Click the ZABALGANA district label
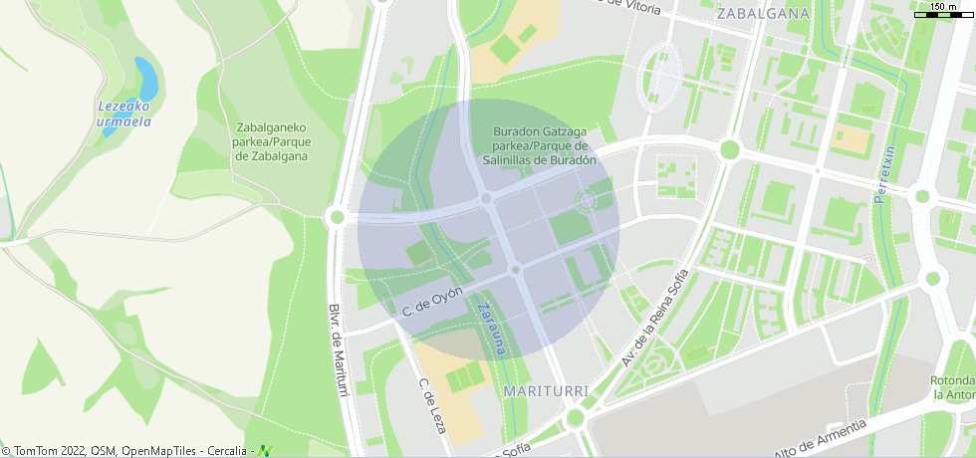tap(762, 14)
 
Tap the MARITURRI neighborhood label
tap(547, 389)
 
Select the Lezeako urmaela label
tap(123, 114)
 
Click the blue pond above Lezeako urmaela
tap(145, 79)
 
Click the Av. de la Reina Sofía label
tap(654, 318)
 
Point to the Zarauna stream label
tap(493, 328)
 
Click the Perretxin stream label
tap(884, 174)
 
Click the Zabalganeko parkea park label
tap(271, 141)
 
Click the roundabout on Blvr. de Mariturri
tap(337, 216)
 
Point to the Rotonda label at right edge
tap(952, 388)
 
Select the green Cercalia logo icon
tap(265, 451)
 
